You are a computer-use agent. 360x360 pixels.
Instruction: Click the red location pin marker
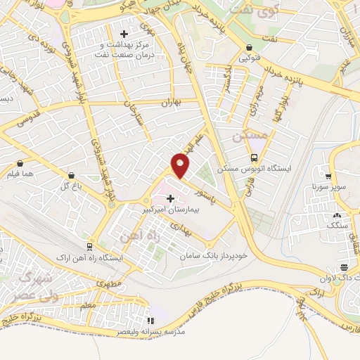(181, 165)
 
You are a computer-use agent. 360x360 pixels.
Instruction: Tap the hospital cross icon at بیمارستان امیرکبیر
(170, 199)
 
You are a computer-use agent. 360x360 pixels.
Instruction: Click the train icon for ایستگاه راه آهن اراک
(89, 247)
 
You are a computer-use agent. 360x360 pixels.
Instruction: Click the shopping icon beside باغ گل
(71, 175)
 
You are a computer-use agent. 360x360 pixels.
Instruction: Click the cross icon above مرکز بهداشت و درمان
(124, 33)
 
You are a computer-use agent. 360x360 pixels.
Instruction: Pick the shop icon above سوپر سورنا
(328, 176)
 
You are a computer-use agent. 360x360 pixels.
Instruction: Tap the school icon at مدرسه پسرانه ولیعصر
(148, 319)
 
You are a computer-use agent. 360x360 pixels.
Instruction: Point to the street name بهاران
(172, 103)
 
